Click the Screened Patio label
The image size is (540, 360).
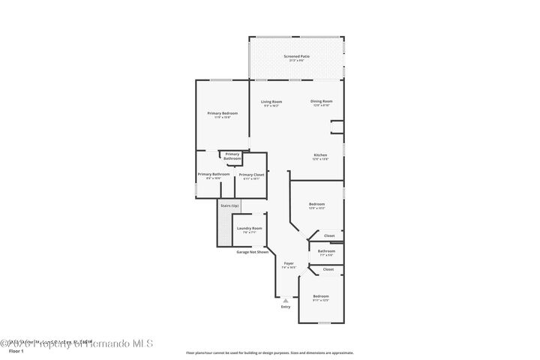point(296,57)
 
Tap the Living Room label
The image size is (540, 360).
point(271,102)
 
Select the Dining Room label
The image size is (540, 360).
point(322,101)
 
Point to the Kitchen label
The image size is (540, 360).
point(320,155)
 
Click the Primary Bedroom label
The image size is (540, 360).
point(222,113)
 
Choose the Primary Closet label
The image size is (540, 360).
point(251,175)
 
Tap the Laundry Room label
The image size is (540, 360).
point(249,228)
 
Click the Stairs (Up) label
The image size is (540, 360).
point(229,205)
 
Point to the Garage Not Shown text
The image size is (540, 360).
point(252,252)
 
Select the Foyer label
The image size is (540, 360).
point(289,263)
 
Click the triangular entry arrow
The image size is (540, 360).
point(285,300)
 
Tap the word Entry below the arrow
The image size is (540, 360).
point(285,307)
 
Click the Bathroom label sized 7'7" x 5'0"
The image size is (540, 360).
point(326,251)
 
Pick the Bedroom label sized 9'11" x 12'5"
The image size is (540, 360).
point(321,296)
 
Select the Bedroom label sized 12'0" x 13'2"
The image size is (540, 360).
point(317,204)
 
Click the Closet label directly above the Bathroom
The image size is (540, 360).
point(328,236)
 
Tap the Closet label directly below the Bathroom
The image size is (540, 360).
point(328,268)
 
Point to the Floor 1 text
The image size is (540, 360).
point(16,350)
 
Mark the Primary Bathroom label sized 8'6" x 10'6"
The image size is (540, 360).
point(214,175)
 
